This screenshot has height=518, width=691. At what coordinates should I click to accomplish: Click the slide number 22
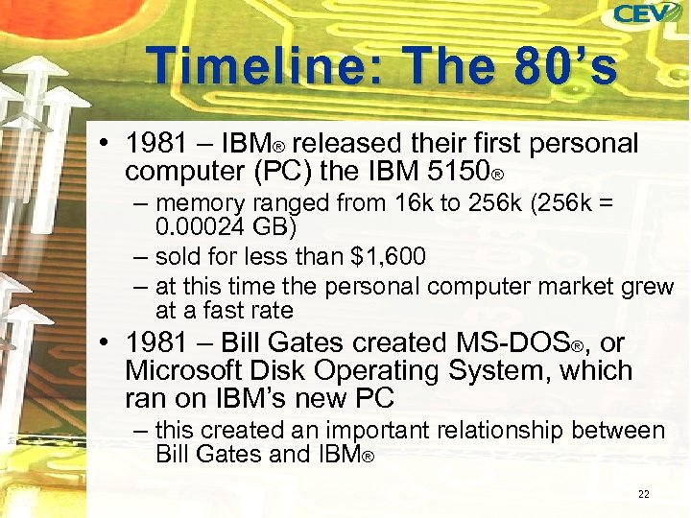point(643,494)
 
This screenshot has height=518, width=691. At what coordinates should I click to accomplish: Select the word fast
point(220,310)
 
